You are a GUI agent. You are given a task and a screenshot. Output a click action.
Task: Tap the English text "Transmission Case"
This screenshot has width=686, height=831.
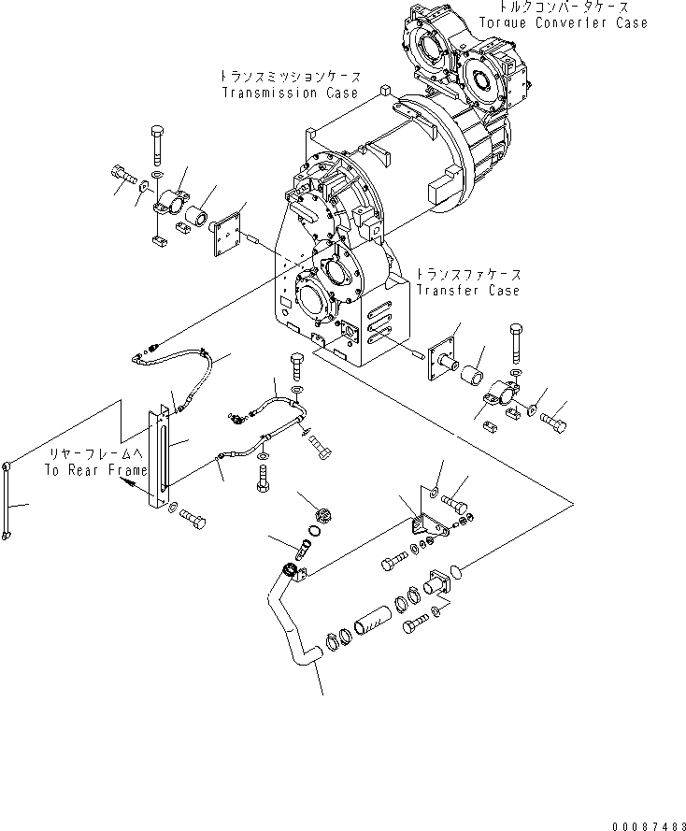tap(290, 93)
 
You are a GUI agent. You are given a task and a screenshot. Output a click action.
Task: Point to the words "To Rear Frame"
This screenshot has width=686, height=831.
tap(96, 470)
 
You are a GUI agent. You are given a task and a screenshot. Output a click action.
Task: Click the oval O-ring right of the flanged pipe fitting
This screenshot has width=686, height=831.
tap(456, 572)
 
